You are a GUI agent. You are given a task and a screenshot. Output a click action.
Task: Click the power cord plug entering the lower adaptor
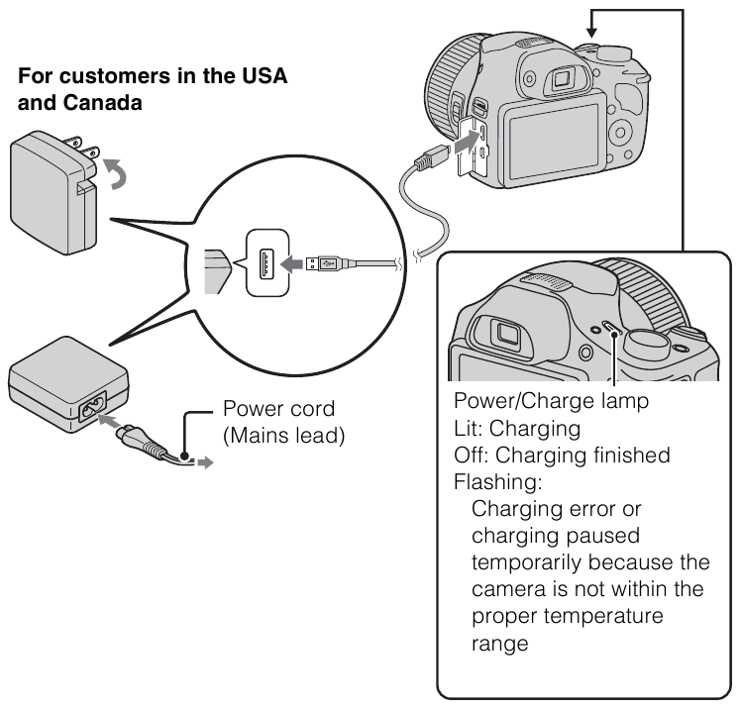coord(135,436)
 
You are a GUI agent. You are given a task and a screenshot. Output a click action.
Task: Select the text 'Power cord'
coord(277,409)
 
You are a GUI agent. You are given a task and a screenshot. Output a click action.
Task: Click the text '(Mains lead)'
coord(283,435)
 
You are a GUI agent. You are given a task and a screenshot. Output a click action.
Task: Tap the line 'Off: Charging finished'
coord(561,456)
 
